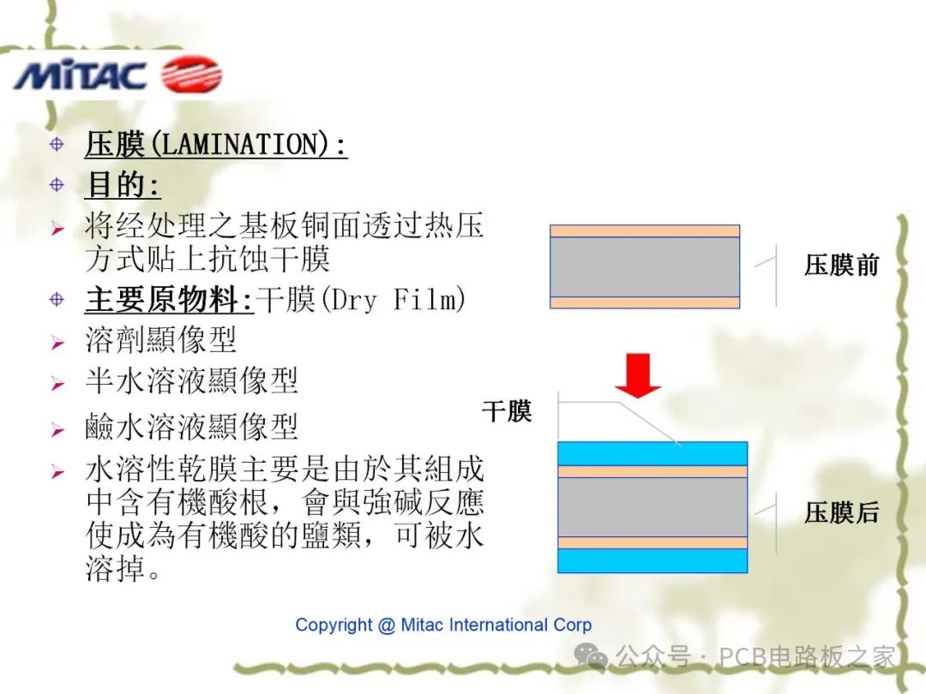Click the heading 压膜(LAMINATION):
tap(215, 144)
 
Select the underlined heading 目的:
tap(123, 184)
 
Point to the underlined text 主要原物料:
tap(170, 300)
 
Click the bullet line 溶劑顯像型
tap(160, 341)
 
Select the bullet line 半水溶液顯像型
tap(191, 381)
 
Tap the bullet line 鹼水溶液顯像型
tap(191, 426)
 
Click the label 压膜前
tap(841, 266)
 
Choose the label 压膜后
tap(841, 513)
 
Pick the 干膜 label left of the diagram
tap(507, 411)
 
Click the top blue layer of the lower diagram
tap(652, 453)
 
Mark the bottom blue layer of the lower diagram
tap(652, 560)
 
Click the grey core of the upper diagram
tap(644, 266)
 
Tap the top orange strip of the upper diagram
tap(644, 230)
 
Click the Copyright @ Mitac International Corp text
tap(443, 625)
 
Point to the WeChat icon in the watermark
tap(592, 655)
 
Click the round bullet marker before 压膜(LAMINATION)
tap(57, 144)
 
